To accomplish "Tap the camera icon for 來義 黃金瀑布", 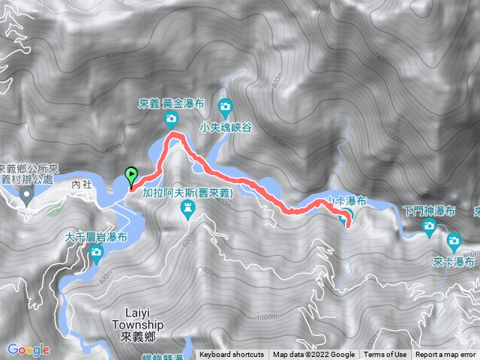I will click(171, 118).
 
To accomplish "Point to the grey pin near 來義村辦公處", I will click(27, 196).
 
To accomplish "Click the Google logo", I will click(28, 349).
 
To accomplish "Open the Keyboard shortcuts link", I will click(232, 355).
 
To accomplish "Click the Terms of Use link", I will click(385, 355).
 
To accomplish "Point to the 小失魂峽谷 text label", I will click(226, 127).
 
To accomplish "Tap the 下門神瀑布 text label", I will click(429, 211).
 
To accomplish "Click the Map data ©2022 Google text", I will click(313, 355).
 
